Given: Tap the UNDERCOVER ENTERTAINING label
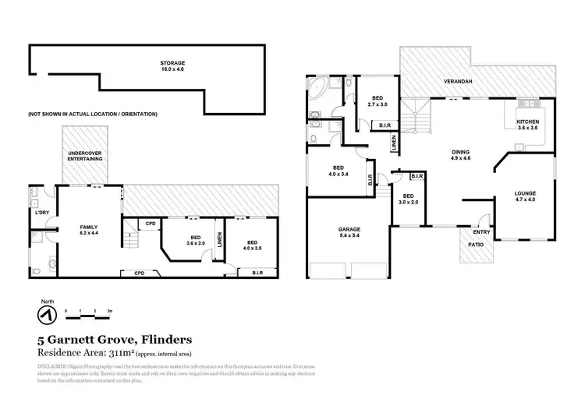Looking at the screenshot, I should tap(85, 156).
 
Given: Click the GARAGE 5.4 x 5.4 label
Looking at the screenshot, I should tap(349, 232).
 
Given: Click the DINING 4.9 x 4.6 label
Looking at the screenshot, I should tap(460, 155).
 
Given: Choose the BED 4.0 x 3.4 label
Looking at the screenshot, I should tap(339, 171).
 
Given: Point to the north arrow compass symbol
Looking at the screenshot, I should tap(44, 314).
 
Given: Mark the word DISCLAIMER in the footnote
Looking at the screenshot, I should tap(55, 365).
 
